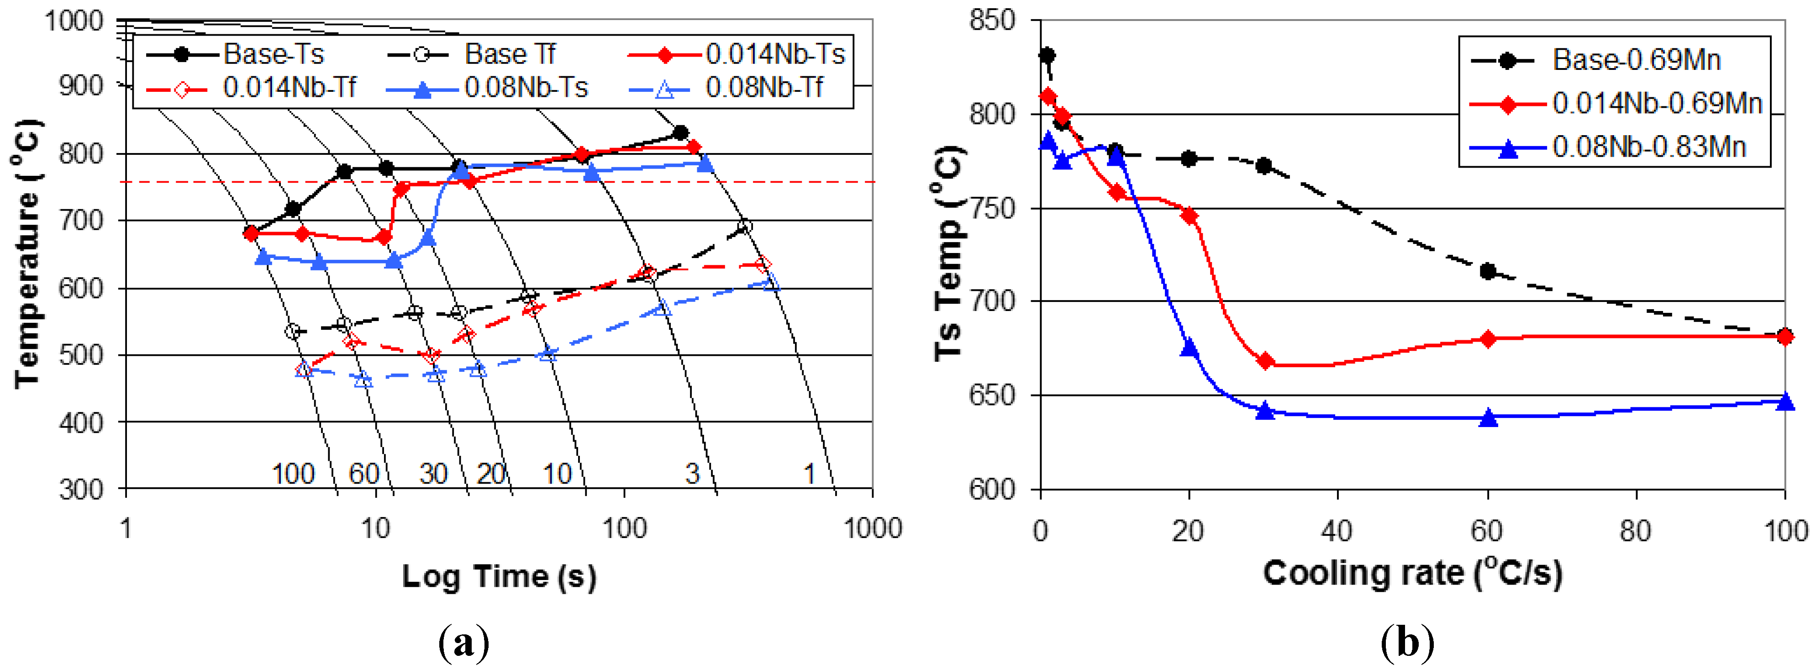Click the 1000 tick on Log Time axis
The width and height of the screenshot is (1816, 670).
pyautogui.click(x=873, y=528)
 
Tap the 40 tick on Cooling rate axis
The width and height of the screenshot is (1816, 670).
pyautogui.click(x=1337, y=530)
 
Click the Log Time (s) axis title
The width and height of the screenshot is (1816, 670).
pyautogui.click(x=499, y=577)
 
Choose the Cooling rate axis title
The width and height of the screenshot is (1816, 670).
pyautogui.click(x=1412, y=573)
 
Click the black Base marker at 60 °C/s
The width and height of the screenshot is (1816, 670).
pyautogui.click(x=1488, y=272)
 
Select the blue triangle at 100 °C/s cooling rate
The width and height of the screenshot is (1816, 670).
pyautogui.click(x=1784, y=401)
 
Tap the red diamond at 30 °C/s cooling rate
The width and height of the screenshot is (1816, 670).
pyautogui.click(x=1265, y=361)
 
